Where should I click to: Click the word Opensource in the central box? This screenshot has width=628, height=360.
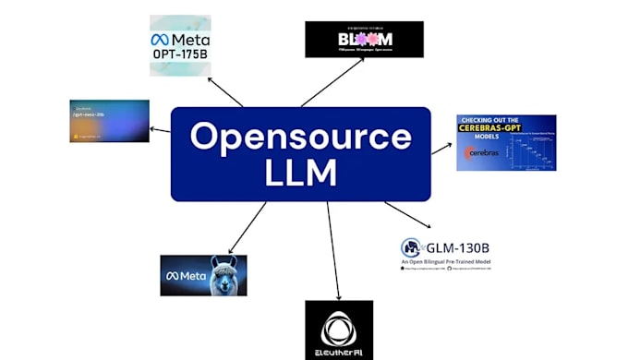301,138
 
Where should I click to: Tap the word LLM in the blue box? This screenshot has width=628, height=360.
301,173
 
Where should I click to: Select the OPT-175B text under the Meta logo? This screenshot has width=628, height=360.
180,54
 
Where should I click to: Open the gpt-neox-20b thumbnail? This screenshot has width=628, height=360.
109,121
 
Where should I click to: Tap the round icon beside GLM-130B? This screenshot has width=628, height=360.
411,247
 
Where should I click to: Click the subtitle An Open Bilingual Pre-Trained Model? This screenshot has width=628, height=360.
445,262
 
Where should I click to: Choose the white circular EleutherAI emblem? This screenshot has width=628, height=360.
339,327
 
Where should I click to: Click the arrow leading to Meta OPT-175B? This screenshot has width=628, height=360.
225,92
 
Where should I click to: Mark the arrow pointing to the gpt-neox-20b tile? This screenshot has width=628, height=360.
161,129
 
